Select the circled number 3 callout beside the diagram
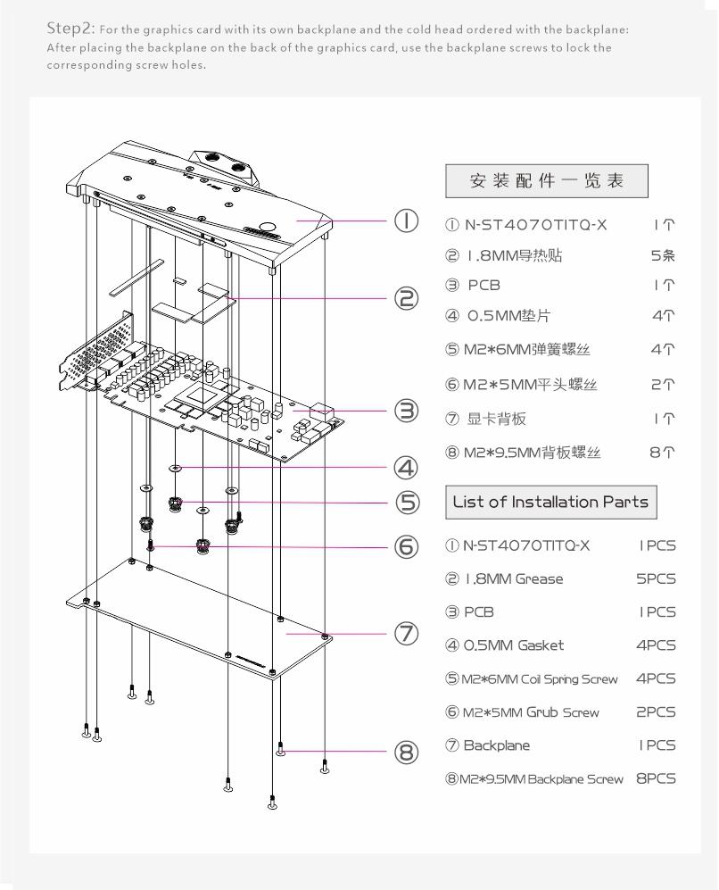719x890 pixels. click(x=407, y=411)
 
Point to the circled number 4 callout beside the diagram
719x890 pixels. click(x=407, y=467)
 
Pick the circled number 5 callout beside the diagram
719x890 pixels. click(x=407, y=503)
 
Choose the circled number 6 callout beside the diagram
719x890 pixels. click(x=407, y=546)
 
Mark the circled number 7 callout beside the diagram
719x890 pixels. click(x=407, y=633)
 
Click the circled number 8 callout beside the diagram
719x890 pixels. click(x=407, y=753)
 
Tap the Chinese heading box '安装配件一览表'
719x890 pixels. click(x=547, y=180)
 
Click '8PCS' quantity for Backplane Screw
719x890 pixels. click(x=656, y=778)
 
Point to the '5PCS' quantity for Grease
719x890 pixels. click(x=656, y=578)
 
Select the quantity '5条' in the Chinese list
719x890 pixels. click(x=662, y=256)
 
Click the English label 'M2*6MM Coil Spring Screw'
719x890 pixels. click(x=530, y=678)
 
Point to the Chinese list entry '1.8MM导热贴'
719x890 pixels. click(x=514, y=256)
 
